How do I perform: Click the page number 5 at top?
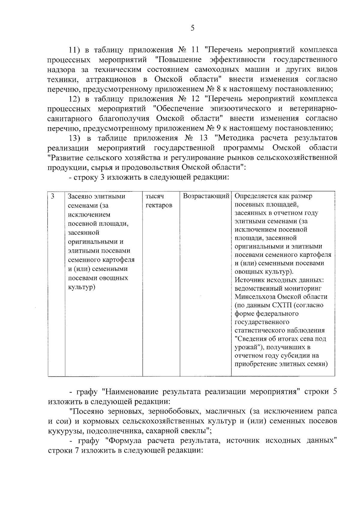192,28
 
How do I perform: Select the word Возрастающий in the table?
206,196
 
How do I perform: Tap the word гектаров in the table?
159,205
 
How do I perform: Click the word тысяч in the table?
155,196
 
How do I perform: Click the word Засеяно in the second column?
79,196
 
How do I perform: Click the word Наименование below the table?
130,392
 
